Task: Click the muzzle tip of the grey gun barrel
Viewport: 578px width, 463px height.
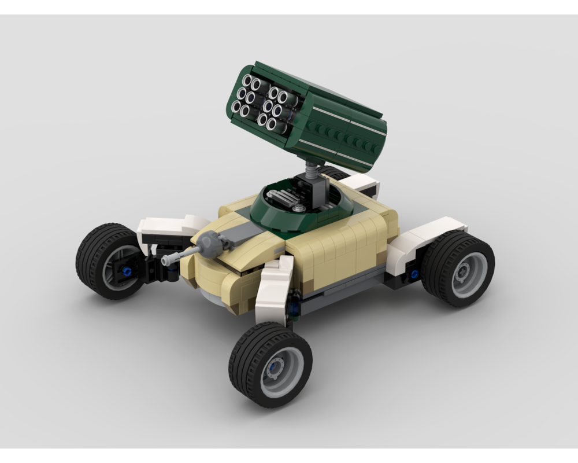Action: coord(165,261)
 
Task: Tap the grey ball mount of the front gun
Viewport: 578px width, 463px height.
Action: coord(211,244)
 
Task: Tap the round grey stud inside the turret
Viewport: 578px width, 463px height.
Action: coord(298,207)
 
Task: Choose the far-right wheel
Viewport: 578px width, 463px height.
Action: coord(458,268)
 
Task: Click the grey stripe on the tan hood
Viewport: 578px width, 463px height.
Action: coord(243,234)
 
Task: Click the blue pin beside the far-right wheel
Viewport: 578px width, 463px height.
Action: coord(414,273)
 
